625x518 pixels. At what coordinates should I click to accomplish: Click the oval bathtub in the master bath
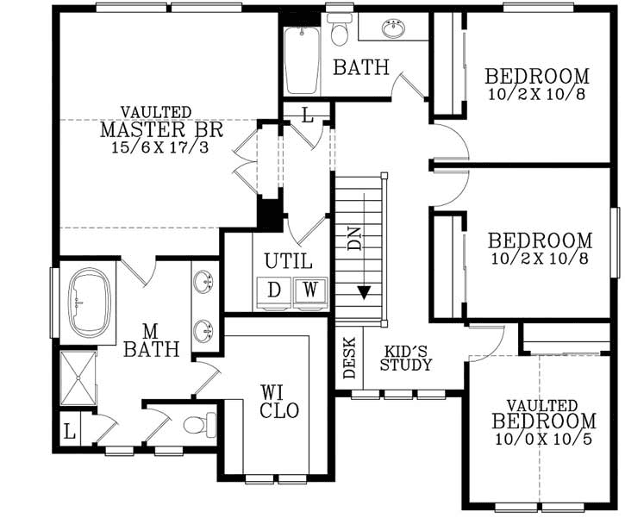click(x=87, y=303)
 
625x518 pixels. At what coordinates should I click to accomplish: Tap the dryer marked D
click(x=273, y=290)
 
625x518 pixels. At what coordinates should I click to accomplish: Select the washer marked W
click(x=309, y=290)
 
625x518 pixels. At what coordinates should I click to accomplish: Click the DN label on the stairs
click(x=354, y=240)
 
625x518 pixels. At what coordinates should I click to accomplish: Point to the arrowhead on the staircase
click(x=364, y=292)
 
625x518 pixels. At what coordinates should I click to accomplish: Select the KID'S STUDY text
click(x=408, y=357)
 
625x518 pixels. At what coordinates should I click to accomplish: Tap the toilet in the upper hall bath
click(x=340, y=30)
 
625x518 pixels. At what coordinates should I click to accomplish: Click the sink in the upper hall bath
click(x=394, y=27)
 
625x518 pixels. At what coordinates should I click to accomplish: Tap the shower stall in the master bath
click(x=79, y=376)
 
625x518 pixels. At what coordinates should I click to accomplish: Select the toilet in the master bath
click(x=196, y=424)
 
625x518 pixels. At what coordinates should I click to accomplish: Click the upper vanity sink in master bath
click(x=204, y=281)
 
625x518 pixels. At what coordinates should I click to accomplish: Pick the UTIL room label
click(x=288, y=261)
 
